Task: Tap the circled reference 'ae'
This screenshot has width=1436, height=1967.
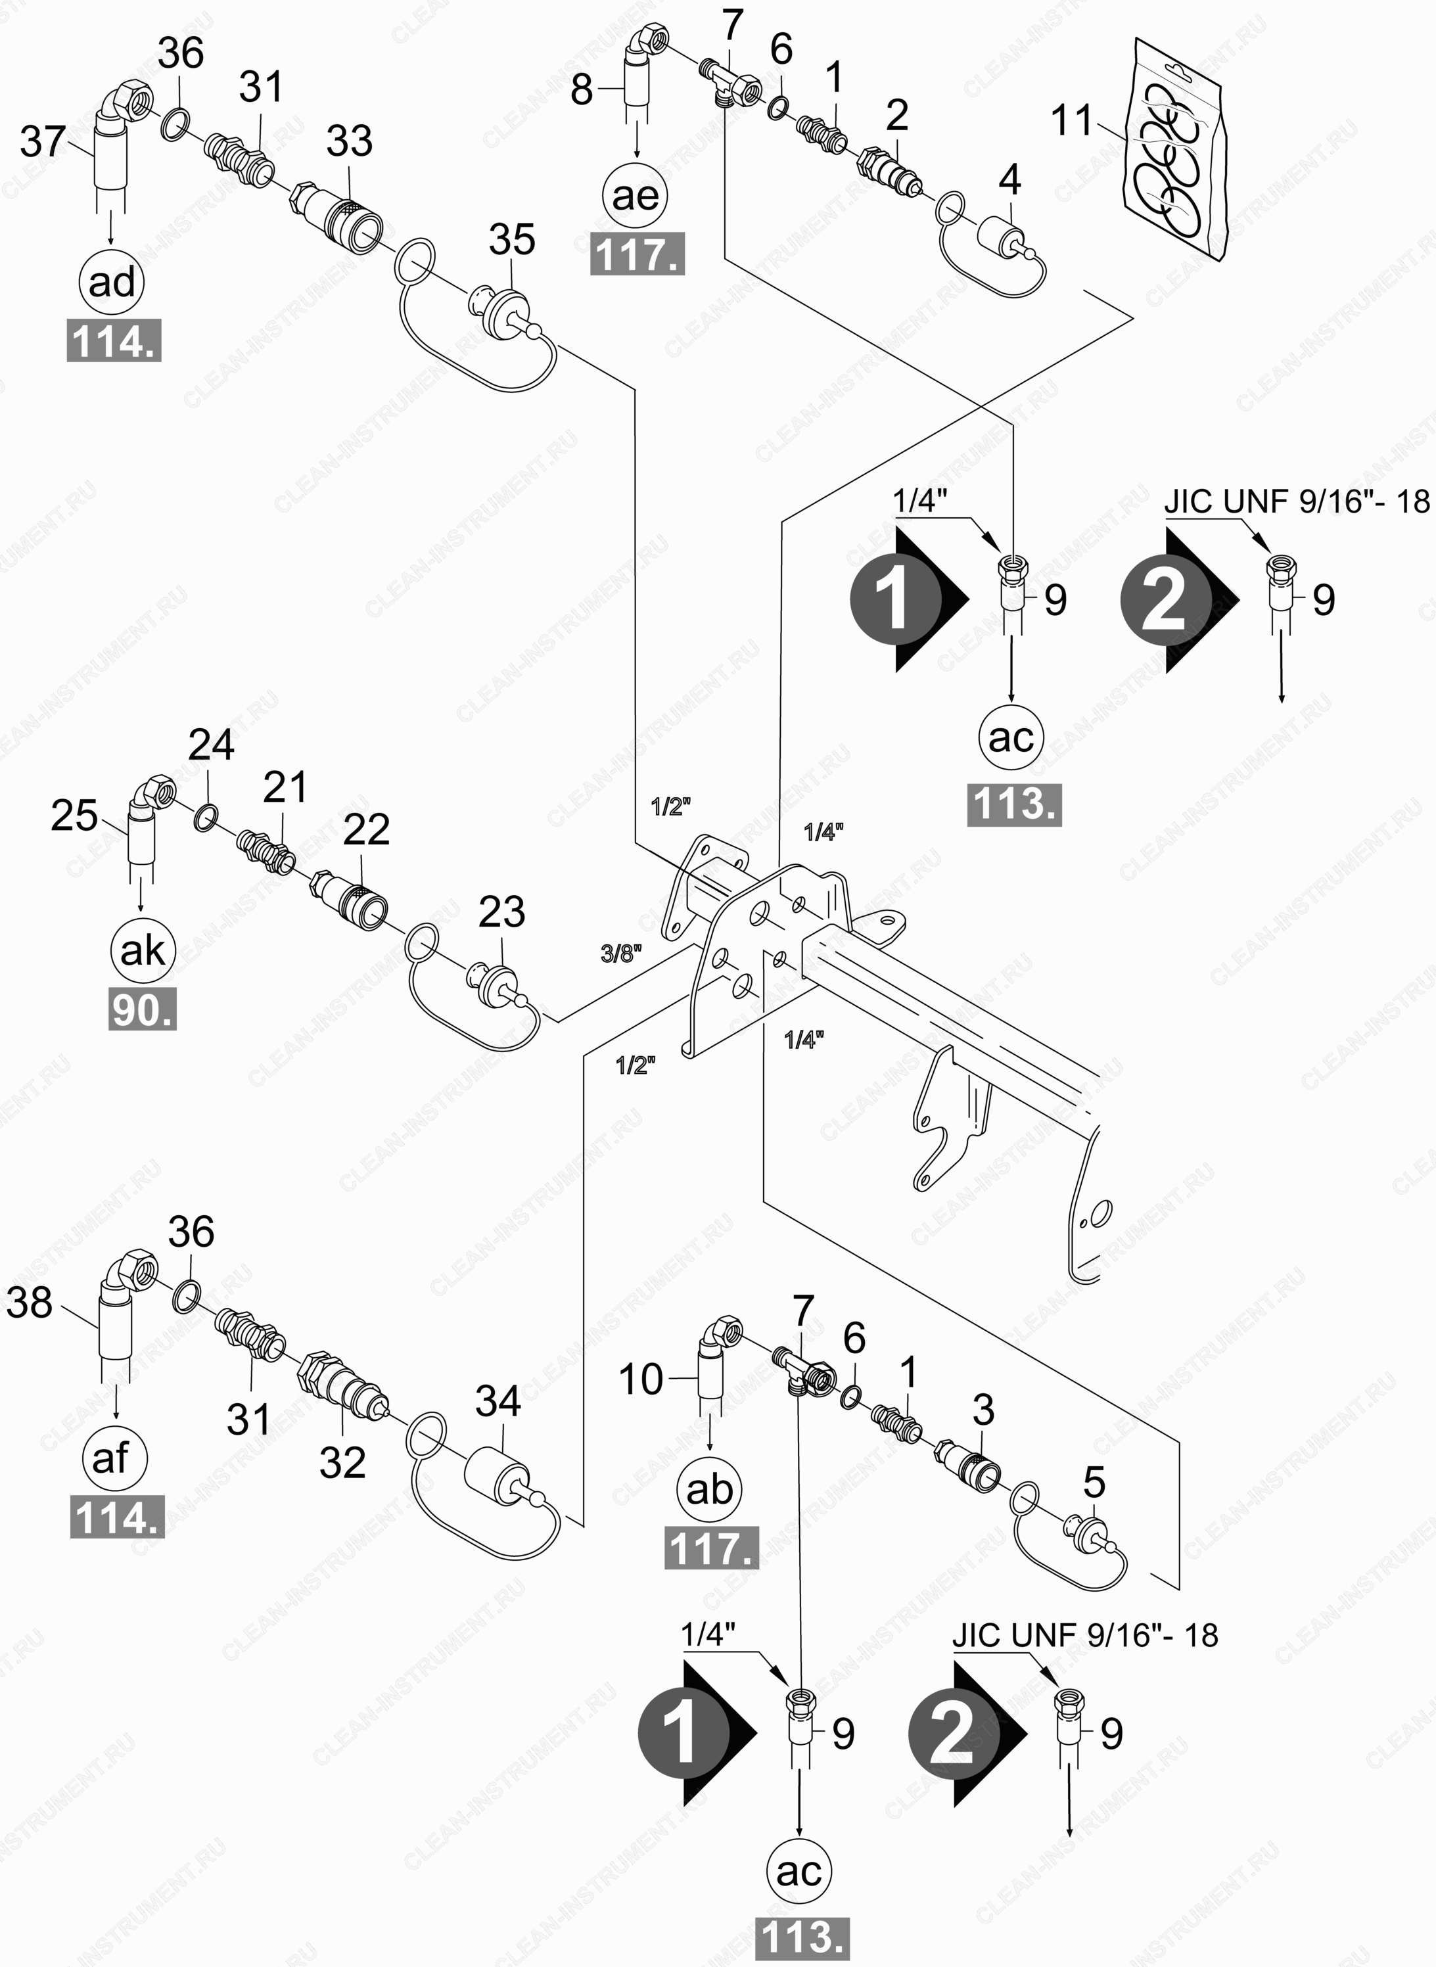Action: click(636, 196)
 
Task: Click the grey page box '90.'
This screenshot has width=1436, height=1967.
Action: click(143, 1010)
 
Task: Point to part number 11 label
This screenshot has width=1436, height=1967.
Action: click(1073, 120)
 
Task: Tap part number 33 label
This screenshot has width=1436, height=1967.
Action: click(350, 140)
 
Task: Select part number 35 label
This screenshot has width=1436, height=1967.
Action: click(512, 239)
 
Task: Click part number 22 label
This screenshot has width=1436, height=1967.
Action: click(366, 829)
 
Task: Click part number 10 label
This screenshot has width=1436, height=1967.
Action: click(641, 1379)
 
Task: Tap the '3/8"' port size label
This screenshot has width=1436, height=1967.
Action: click(620, 954)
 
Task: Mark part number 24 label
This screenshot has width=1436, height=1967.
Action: click(211, 745)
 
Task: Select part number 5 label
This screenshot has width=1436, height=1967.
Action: click(1094, 1482)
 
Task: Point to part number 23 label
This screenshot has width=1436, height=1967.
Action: click(501, 912)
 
